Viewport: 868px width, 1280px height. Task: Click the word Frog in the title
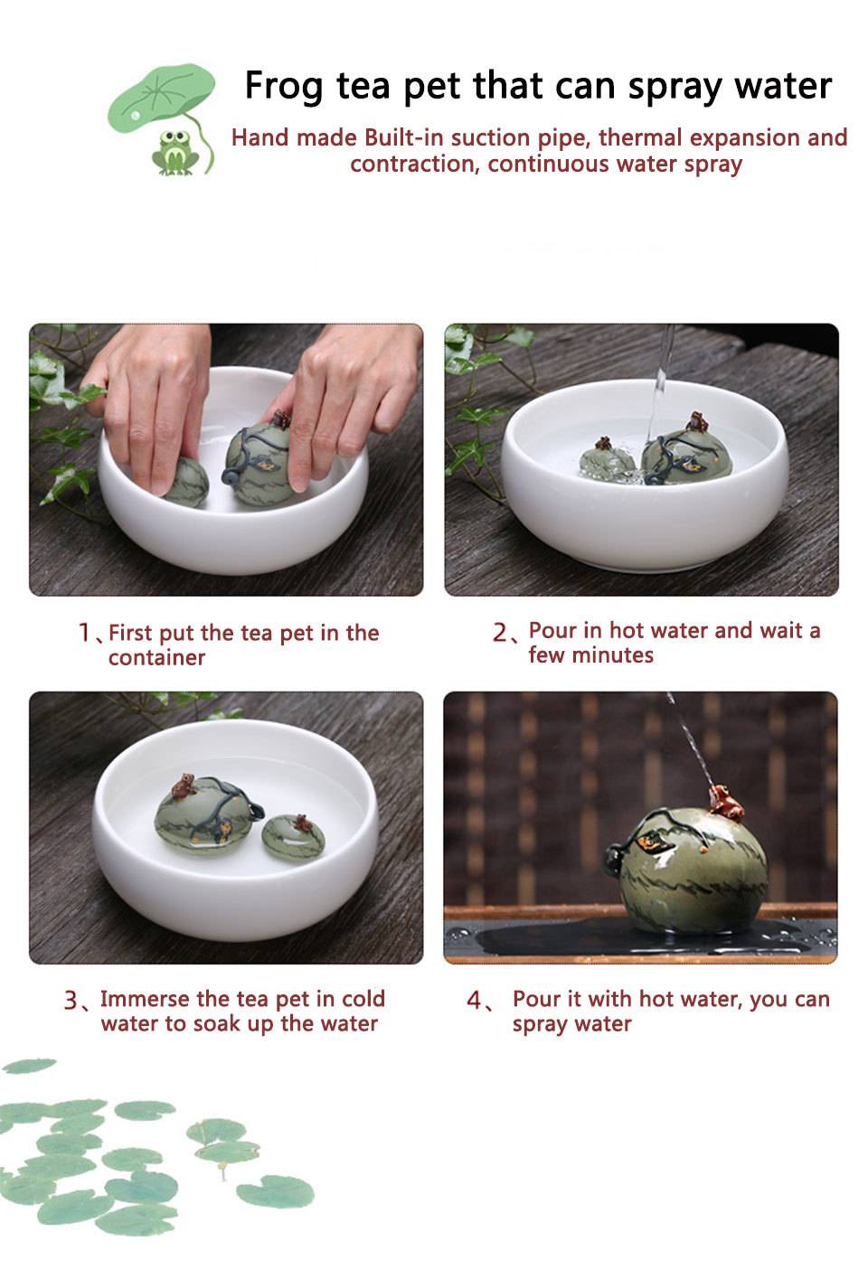(283, 87)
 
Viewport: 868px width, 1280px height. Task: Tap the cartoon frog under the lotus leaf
(175, 153)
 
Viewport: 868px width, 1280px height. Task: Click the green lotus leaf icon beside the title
(161, 99)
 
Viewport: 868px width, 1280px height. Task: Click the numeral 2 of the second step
(501, 633)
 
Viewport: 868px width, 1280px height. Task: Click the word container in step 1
(156, 658)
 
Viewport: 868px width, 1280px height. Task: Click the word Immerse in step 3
(145, 999)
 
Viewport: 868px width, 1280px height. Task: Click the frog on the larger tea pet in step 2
(696, 422)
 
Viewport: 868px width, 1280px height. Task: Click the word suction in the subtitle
(490, 137)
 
